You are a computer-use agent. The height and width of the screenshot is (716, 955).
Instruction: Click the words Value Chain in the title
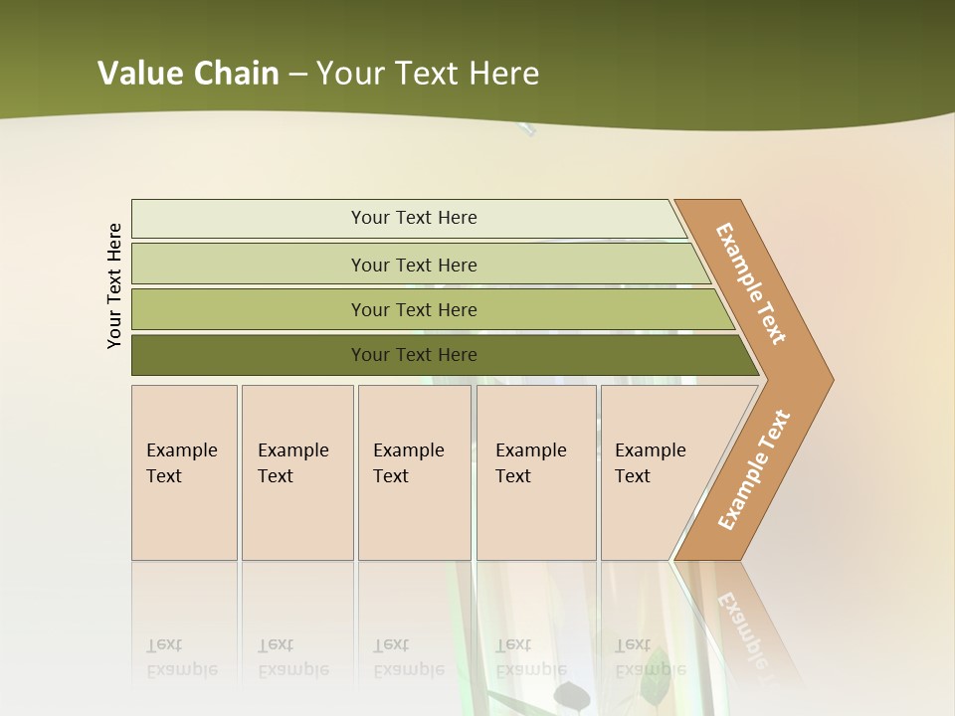(x=188, y=74)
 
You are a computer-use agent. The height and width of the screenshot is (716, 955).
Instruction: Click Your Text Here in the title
(x=428, y=74)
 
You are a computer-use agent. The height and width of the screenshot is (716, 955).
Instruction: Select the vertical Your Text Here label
(x=114, y=286)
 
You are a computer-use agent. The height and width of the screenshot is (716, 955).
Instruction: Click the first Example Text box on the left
(x=184, y=472)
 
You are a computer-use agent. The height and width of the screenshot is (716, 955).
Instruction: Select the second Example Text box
(x=296, y=472)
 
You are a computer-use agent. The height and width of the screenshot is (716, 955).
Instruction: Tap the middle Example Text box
(x=414, y=472)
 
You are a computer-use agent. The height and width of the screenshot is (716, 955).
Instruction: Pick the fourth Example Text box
(x=535, y=472)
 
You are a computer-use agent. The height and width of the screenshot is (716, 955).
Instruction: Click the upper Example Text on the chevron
(x=751, y=283)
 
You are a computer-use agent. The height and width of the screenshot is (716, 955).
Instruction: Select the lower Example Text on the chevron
(x=754, y=470)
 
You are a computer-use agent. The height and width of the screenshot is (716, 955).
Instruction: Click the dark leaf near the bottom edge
(x=570, y=694)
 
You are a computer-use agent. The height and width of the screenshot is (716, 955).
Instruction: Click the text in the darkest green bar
(x=414, y=355)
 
